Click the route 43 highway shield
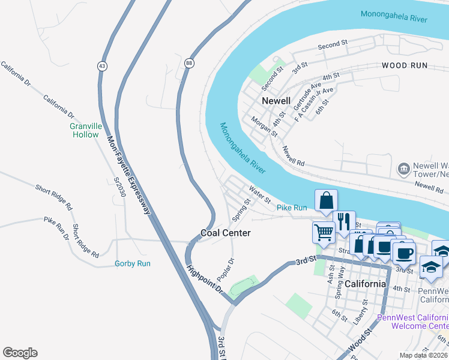pos(103,65)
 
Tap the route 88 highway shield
pos(190,62)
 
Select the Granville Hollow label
pos(85,131)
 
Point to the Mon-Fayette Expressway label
pos(128,175)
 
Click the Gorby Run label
pos(132,263)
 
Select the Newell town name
pos(276,101)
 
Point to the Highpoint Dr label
pos(204,280)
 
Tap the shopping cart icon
pos(324,232)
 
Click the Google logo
pos(20,352)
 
